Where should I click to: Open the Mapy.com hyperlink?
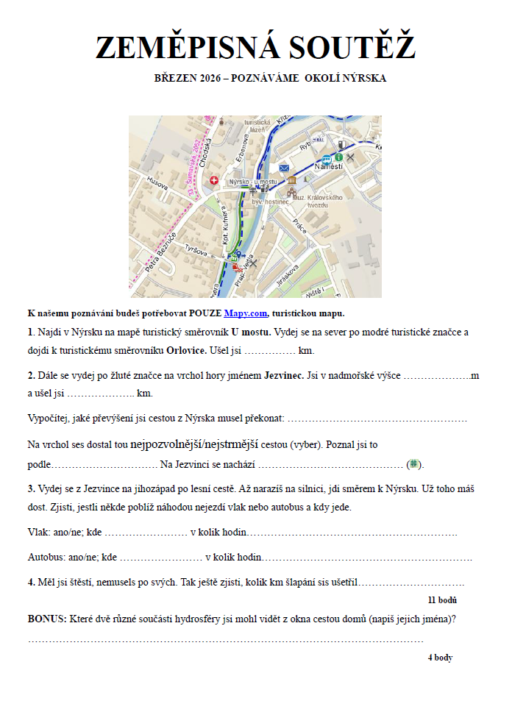(x=246, y=313)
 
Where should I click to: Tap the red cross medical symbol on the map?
(x=214, y=179)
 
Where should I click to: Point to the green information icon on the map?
(x=338, y=157)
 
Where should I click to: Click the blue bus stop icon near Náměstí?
(x=327, y=158)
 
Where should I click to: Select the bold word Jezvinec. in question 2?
(x=284, y=376)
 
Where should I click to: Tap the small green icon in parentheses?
(x=414, y=464)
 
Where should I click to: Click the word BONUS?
(x=47, y=619)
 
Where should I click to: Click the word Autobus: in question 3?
(x=47, y=558)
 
